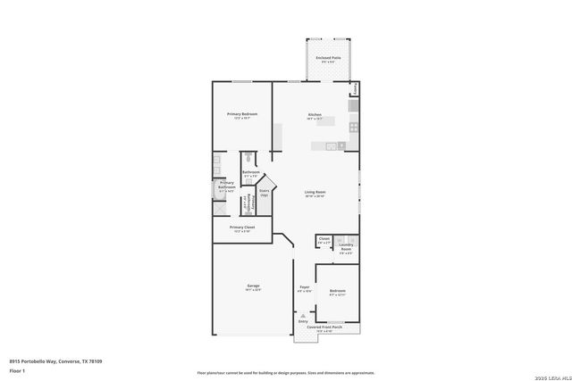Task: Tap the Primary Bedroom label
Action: (x=242, y=115)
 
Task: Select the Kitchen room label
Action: (x=315, y=115)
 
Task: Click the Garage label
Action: (x=254, y=286)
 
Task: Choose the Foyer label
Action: (x=304, y=287)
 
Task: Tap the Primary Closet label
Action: (x=242, y=228)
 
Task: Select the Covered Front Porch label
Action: (x=325, y=327)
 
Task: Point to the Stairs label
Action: (x=265, y=191)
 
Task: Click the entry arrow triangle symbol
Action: (x=303, y=315)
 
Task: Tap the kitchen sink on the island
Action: (x=330, y=145)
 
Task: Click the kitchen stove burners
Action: (x=353, y=126)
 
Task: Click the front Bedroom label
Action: (x=337, y=291)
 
